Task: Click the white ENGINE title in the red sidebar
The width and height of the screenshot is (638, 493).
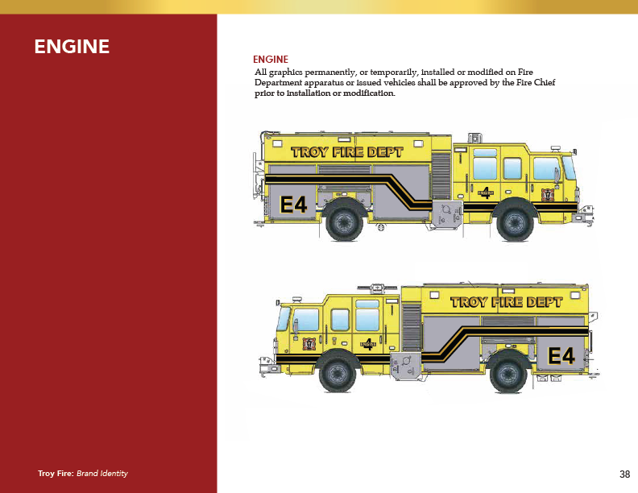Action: [72, 47]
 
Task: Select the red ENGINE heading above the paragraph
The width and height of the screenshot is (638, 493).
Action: [271, 60]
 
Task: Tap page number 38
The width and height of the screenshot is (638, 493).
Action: [624, 474]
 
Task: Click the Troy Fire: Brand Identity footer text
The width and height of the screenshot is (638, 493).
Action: [83, 474]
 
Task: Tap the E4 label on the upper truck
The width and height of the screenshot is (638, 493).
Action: [294, 205]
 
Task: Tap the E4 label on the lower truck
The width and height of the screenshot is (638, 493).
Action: [561, 355]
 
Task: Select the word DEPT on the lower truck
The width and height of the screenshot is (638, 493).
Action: [544, 302]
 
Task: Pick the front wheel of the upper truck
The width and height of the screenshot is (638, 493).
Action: [515, 222]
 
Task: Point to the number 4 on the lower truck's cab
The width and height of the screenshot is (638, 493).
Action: [368, 342]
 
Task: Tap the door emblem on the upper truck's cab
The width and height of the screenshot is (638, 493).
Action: [549, 194]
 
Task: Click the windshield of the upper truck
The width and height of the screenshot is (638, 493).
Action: [569, 168]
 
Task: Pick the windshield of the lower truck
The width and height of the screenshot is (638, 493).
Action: [283, 319]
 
